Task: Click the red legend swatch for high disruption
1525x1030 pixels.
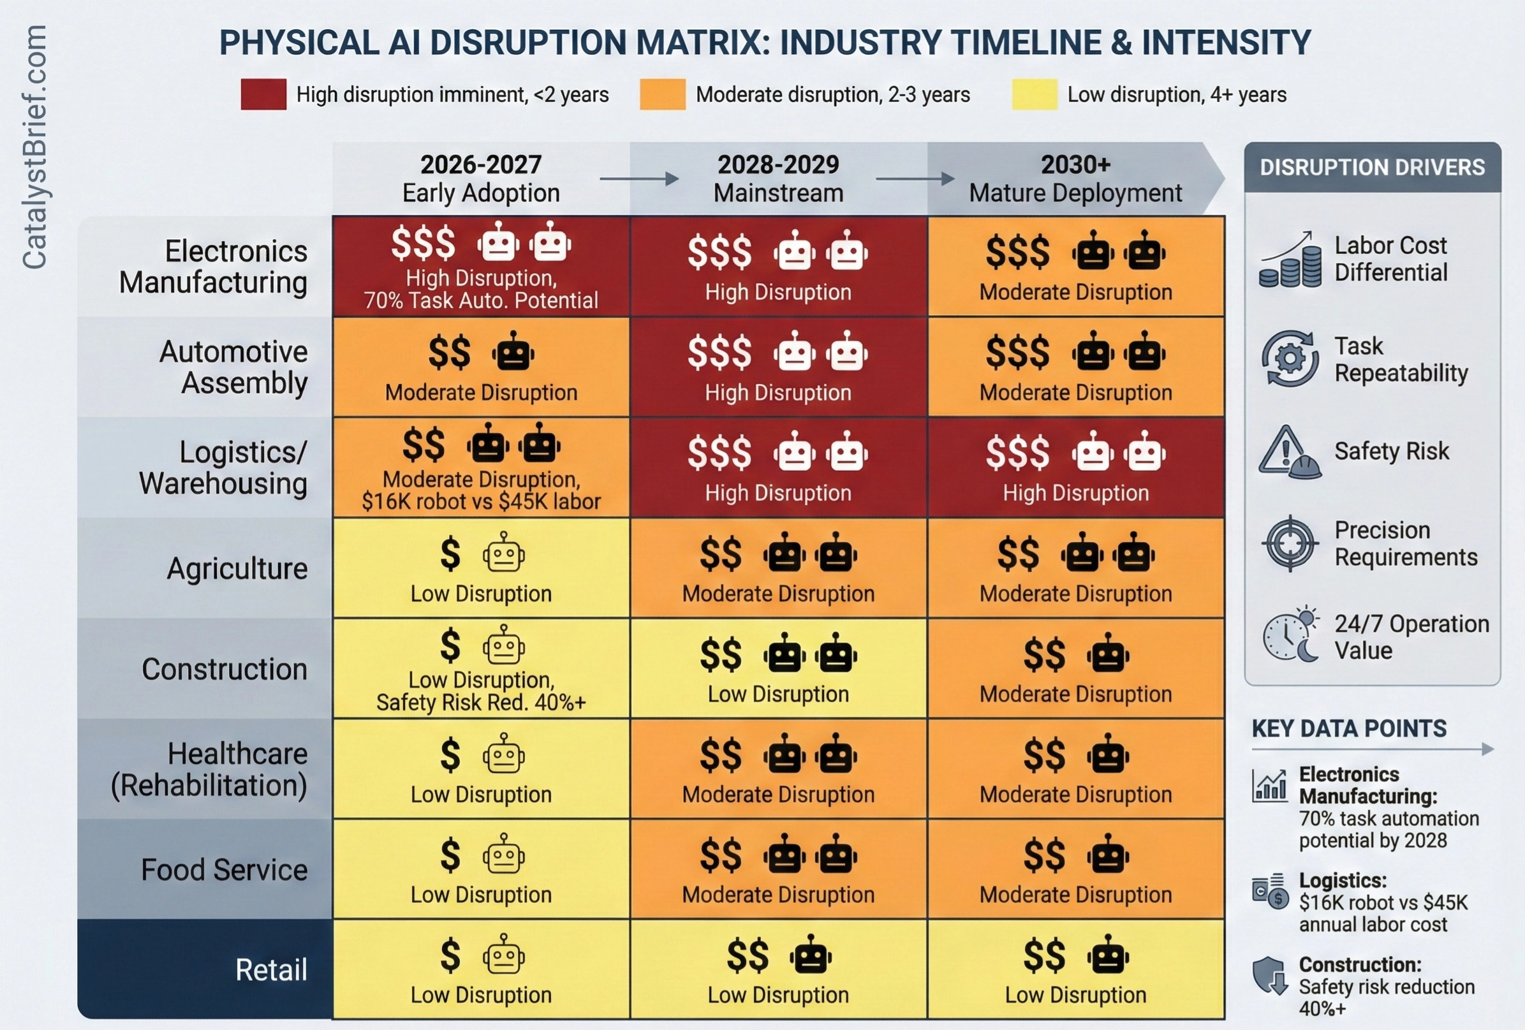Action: click(263, 94)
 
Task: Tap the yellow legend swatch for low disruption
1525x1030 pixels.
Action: click(1034, 94)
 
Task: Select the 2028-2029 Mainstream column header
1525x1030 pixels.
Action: click(778, 179)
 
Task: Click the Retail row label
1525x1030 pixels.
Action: click(271, 969)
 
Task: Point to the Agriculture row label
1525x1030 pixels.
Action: click(237, 568)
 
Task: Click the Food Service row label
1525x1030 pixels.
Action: click(225, 870)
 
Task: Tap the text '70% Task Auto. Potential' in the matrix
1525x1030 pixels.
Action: click(481, 300)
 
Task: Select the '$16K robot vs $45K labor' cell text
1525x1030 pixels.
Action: click(481, 501)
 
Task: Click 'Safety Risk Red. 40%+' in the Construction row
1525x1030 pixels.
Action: click(481, 703)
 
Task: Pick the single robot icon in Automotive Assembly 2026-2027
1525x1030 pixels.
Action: click(513, 352)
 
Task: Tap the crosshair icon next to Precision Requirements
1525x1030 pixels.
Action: click(1290, 543)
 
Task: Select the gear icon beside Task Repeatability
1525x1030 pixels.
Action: click(1290, 359)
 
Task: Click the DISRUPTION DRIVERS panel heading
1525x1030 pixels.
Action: click(1372, 167)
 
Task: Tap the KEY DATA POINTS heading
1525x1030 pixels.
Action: click(1349, 728)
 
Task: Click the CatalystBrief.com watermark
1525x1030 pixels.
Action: click(34, 147)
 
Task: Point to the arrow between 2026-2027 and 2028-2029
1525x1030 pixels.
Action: click(638, 179)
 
